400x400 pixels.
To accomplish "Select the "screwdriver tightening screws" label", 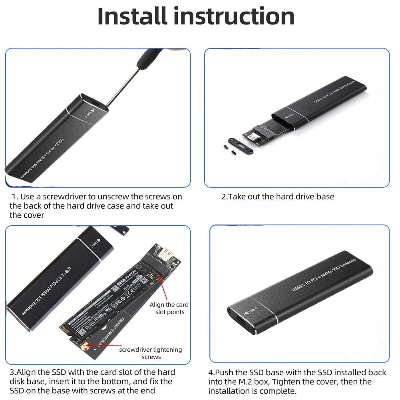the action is click(150, 353).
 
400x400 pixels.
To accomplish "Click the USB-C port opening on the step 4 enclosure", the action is click(241, 321).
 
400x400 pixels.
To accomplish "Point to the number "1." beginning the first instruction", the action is click(15, 197).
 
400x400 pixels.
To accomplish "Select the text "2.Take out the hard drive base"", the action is click(278, 197).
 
